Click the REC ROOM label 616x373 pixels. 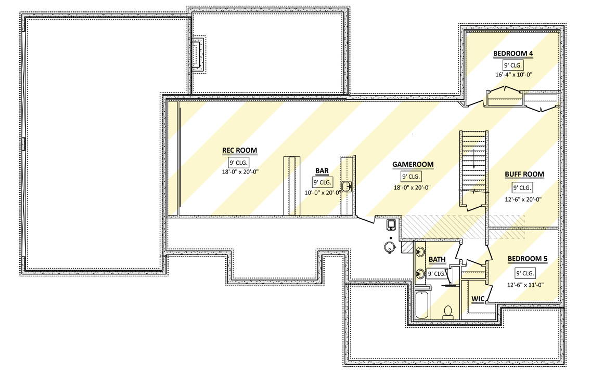click(240, 151)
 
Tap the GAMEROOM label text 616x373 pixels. click(413, 165)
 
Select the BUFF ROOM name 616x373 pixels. click(524, 175)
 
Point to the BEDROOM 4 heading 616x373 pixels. click(513, 54)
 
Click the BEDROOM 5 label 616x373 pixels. click(527, 259)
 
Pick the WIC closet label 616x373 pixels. click(478, 299)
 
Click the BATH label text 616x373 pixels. click(437, 259)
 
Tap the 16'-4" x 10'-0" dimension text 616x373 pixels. click(513, 75)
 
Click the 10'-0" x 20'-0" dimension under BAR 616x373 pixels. click(322, 193)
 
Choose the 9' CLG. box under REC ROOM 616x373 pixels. click(239, 162)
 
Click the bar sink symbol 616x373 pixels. click(346, 186)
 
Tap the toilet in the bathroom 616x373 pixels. click(447, 312)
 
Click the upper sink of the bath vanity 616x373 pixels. click(420, 252)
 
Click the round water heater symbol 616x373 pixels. click(389, 247)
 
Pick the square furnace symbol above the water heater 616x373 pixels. click(391, 224)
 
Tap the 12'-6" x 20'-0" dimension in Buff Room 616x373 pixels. click(524, 198)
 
